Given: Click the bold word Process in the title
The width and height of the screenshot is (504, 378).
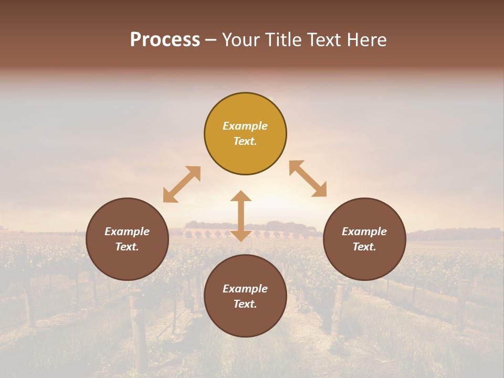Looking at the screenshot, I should coord(165,40).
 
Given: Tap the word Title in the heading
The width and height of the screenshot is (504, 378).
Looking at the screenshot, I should coord(283,40).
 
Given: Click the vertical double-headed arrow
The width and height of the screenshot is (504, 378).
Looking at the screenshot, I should coord(241,216).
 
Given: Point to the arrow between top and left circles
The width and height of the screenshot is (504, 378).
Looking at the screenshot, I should coord(182,184).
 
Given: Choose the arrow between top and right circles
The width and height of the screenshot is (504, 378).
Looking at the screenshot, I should coord(308,178).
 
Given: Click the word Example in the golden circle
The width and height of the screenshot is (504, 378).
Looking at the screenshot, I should coord(245,126).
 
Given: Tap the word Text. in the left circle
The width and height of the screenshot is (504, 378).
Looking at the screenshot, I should coord(127,247).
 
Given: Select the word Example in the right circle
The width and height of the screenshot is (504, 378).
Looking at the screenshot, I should coord(364,232).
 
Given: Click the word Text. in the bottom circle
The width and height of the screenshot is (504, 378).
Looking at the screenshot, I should coord(245,304).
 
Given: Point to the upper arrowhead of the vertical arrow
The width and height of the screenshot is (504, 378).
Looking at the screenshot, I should coord(241,196).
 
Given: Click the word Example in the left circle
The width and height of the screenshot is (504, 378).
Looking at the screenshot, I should coord(127,232).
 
